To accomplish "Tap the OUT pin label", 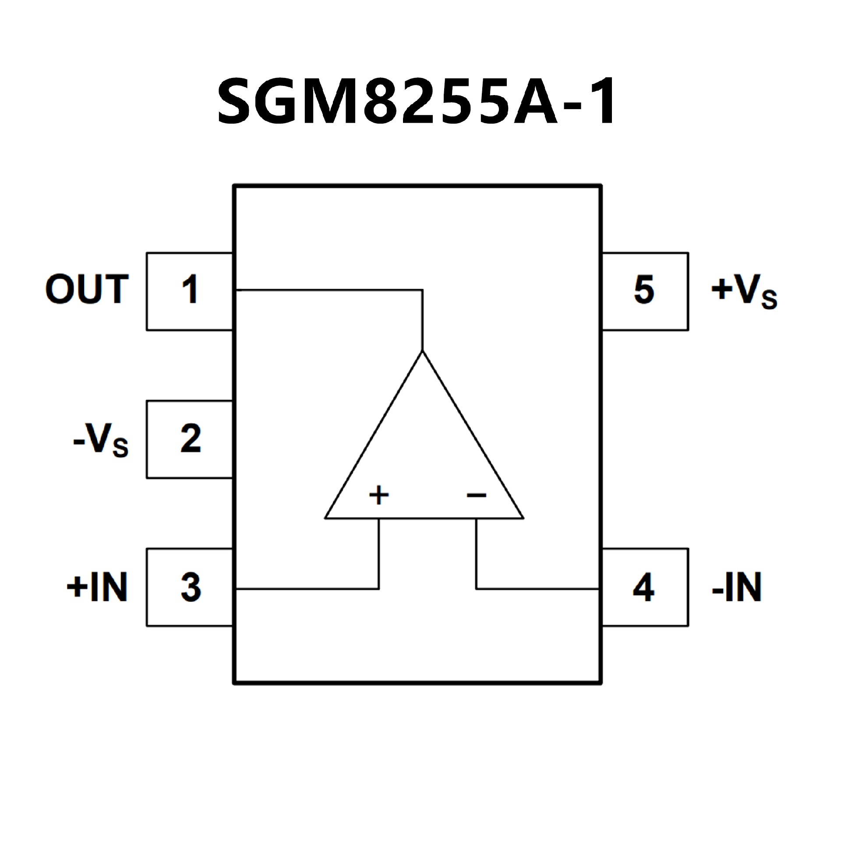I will pyautogui.click(x=87, y=290).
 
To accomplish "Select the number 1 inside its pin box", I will pyautogui.click(x=190, y=290).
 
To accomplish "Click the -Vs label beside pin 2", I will pyautogui.click(x=101, y=439).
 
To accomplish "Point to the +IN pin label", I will pyautogui.click(x=97, y=587).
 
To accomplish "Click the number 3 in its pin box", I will pyautogui.click(x=191, y=587).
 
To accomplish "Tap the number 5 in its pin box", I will pyautogui.click(x=644, y=290).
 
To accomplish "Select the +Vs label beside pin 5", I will pyautogui.click(x=744, y=292).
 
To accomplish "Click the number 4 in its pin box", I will pyautogui.click(x=643, y=587).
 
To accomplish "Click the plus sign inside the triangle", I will pyautogui.click(x=379, y=495).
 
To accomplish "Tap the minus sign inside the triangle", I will pyautogui.click(x=477, y=495).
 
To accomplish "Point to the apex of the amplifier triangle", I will pyautogui.click(x=423, y=352).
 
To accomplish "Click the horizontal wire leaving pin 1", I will pyautogui.click(x=329, y=290).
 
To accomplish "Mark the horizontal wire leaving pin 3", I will pyautogui.click(x=307, y=589).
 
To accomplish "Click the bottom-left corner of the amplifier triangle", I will pyautogui.click(x=326, y=518).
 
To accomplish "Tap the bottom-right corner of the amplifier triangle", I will pyautogui.click(x=523, y=518).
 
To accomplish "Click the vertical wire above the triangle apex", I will pyautogui.click(x=423, y=320).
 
